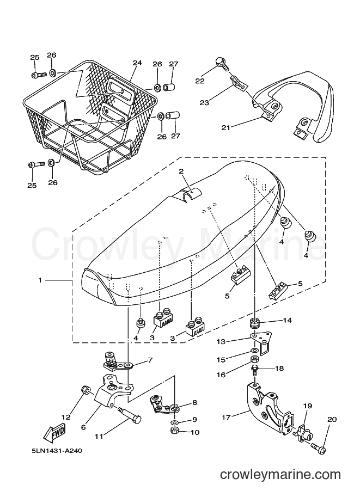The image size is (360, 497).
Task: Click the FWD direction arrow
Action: [55, 434]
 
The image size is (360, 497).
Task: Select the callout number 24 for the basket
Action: [137, 63]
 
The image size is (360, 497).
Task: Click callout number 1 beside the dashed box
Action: [40, 280]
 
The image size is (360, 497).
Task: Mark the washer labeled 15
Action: [254, 351]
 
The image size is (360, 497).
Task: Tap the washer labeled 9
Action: [174, 422]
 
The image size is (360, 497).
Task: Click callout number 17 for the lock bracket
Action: [226, 418]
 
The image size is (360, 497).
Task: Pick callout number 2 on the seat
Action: [181, 171]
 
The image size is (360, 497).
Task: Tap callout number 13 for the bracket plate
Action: [221, 342]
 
